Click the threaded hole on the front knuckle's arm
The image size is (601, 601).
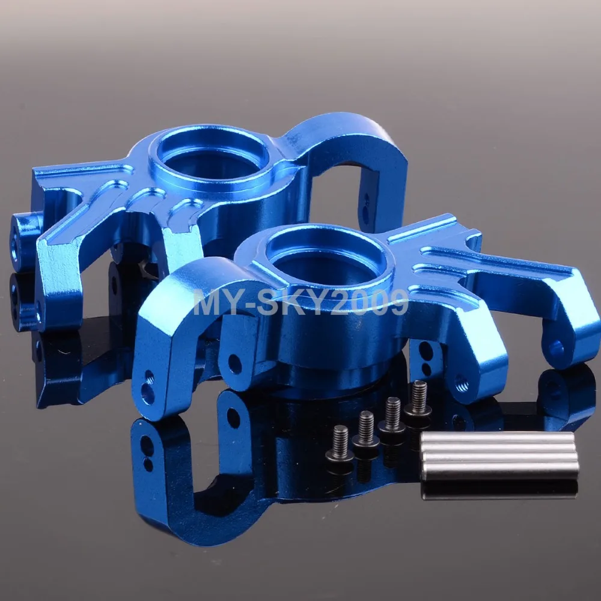(x=462, y=383)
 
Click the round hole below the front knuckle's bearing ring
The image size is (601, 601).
(x=234, y=364)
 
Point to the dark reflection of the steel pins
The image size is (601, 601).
(x=499, y=490)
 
